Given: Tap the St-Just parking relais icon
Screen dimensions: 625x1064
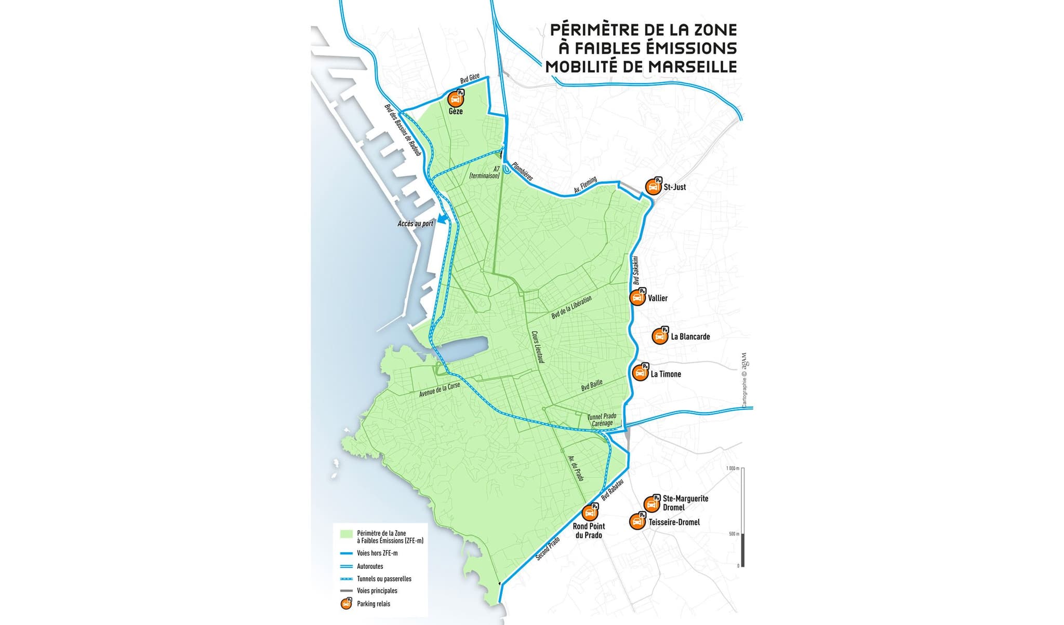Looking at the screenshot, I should click(654, 187).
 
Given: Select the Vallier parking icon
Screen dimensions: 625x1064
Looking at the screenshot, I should click(637, 297).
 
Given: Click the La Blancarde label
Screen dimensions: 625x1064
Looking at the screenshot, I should click(690, 336).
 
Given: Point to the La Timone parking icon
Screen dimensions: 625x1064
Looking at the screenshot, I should click(640, 373).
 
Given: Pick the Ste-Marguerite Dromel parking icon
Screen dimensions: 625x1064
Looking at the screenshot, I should click(651, 504).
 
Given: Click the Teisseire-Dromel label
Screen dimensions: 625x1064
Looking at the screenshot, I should click(674, 522).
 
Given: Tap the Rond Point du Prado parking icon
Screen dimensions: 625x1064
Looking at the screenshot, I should click(589, 513).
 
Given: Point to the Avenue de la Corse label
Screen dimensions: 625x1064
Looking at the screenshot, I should click(440, 390).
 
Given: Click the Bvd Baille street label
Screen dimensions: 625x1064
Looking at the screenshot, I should click(592, 385).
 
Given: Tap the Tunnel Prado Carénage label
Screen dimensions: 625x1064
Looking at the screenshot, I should click(602, 420).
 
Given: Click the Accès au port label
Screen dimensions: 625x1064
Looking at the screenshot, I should click(415, 224).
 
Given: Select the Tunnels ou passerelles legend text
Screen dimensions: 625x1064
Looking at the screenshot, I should click(384, 578).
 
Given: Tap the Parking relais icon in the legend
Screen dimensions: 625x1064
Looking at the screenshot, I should click(346, 603).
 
